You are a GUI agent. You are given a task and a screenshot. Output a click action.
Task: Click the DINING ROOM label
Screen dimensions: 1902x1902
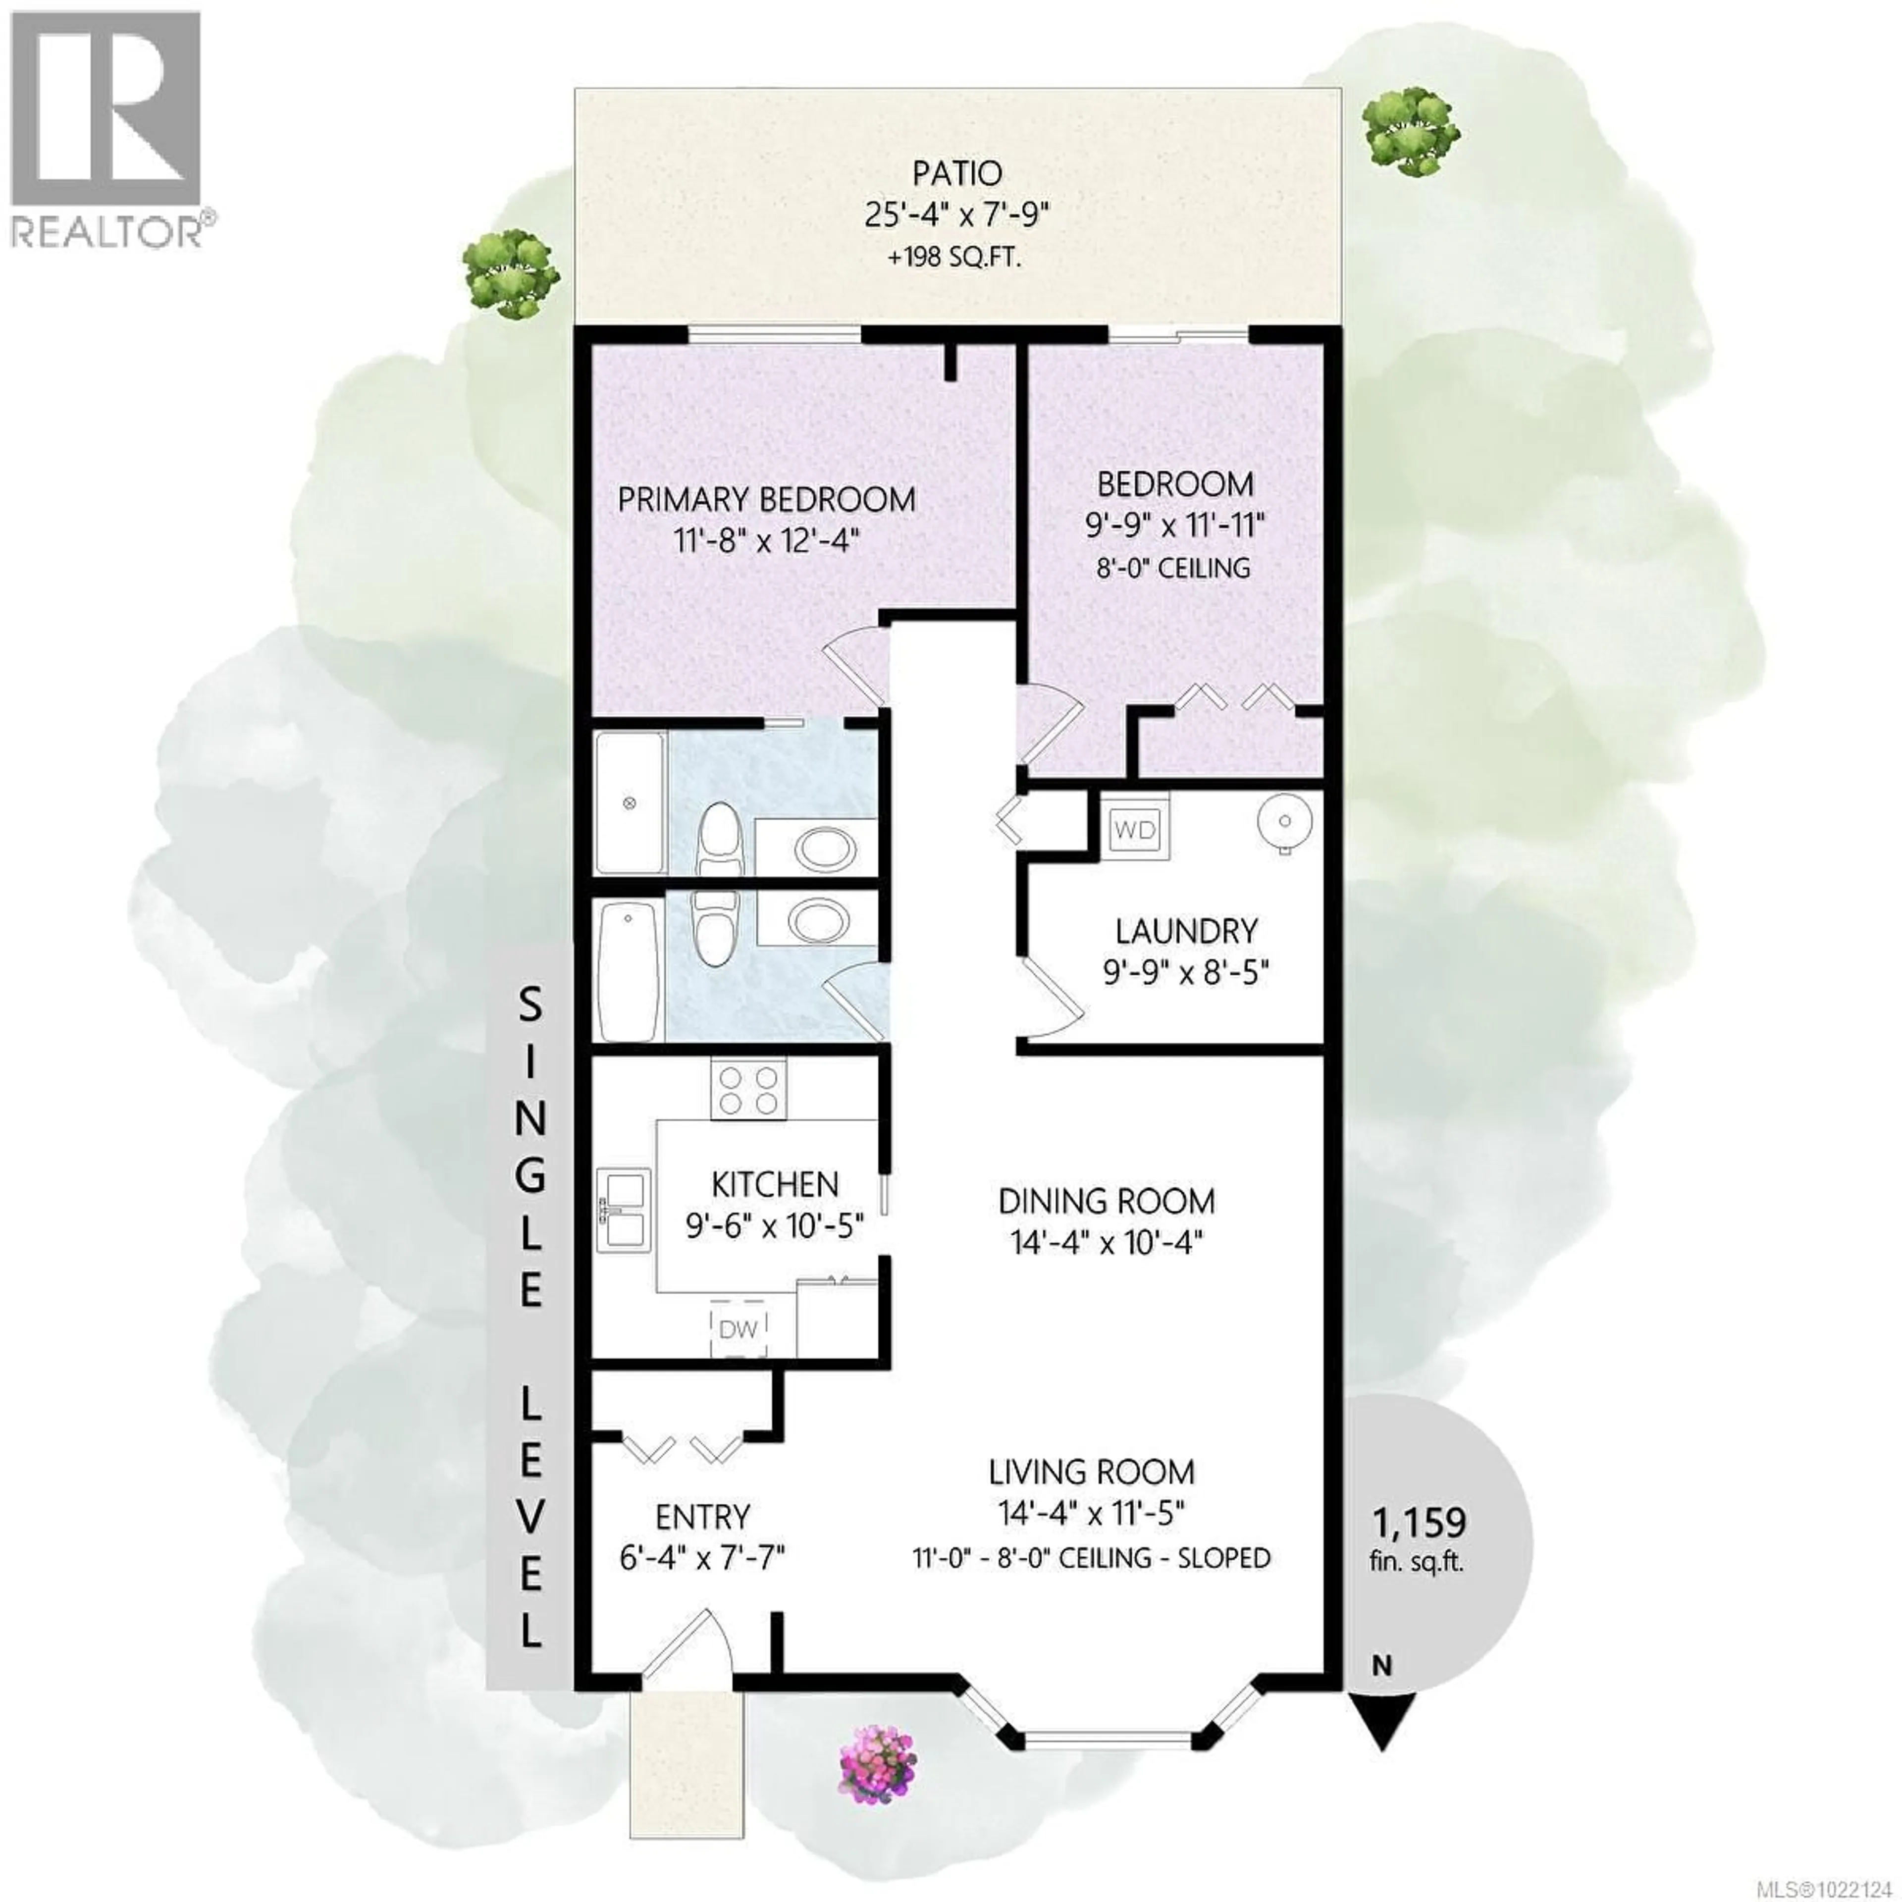click(x=1107, y=1201)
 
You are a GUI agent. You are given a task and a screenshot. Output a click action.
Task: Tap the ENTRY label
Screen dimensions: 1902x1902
click(x=702, y=1516)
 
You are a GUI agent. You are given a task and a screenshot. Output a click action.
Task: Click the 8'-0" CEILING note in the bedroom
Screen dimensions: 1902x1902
click(x=1173, y=568)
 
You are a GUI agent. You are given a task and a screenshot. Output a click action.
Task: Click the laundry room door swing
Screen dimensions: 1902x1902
click(x=1052, y=996)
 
